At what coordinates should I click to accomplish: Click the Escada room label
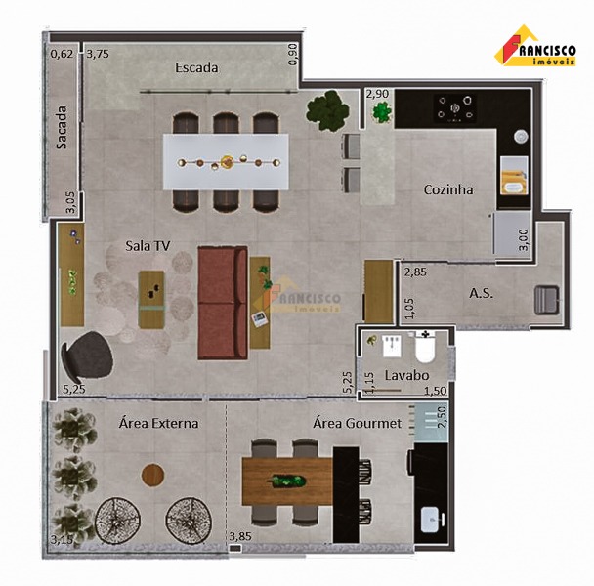[196, 67]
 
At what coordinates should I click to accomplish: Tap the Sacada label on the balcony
[61, 127]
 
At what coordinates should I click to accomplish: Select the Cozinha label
[448, 189]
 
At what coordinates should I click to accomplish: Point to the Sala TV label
[148, 246]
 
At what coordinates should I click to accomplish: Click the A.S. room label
[481, 293]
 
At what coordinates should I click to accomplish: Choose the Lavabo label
[406, 375]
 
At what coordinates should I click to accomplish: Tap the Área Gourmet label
[358, 423]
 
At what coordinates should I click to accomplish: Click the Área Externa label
[158, 423]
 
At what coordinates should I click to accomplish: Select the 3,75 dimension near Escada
[98, 54]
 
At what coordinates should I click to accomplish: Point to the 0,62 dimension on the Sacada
[62, 54]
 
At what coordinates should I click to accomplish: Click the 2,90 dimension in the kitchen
[377, 94]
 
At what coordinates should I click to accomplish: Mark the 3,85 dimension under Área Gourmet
[240, 536]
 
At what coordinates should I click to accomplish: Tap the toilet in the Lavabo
[425, 347]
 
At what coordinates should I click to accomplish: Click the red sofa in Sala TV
[223, 303]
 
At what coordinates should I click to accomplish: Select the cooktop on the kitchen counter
[455, 108]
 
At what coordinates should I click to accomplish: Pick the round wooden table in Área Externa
[153, 475]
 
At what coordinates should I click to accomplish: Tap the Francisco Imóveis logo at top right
[535, 46]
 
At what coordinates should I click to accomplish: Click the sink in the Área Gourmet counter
[432, 520]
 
